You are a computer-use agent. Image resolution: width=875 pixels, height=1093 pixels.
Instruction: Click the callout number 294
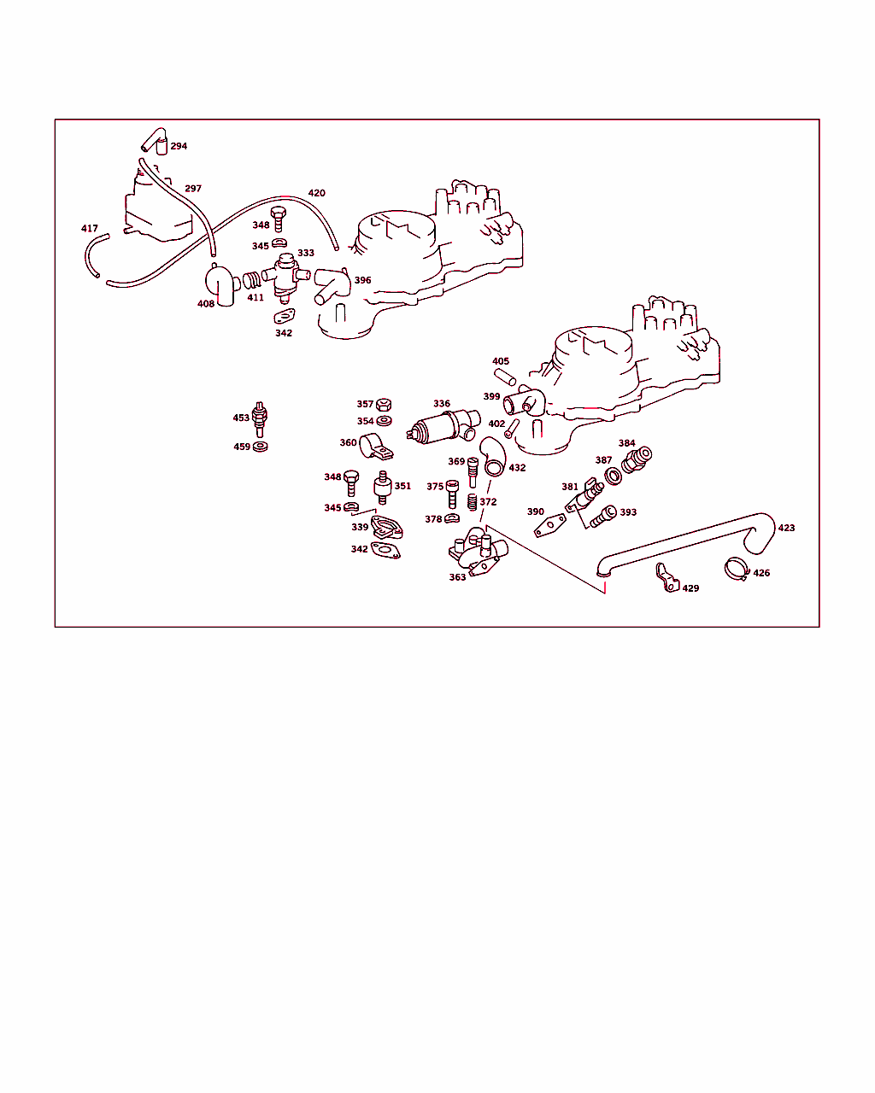[179, 146]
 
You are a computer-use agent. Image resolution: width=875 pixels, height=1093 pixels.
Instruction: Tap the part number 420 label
[316, 193]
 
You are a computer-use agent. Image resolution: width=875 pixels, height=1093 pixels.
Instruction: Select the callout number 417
[90, 229]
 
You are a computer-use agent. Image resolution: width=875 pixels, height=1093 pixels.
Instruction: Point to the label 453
[241, 418]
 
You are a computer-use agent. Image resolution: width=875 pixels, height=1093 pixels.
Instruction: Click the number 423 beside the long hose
[786, 528]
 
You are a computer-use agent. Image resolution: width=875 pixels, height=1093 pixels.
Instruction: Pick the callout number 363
[457, 577]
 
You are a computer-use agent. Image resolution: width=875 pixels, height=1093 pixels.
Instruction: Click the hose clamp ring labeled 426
[737, 569]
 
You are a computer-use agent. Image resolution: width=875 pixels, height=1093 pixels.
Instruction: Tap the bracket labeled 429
[667, 578]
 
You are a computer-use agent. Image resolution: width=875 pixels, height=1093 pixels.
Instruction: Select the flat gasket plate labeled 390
[549, 525]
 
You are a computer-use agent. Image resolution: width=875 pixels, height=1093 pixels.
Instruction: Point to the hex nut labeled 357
[384, 405]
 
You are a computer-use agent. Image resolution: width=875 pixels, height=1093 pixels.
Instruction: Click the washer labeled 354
[384, 421]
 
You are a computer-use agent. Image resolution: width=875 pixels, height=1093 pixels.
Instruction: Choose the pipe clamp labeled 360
[376, 447]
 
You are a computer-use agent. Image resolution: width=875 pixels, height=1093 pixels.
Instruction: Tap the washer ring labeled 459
[260, 447]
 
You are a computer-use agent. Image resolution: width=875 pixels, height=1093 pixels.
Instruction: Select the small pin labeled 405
[505, 377]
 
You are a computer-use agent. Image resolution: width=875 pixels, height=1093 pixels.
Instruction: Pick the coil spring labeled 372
[472, 502]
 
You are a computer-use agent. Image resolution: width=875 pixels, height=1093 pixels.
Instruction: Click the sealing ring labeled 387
[614, 476]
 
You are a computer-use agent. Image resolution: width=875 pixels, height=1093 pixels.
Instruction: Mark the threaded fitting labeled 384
[637, 459]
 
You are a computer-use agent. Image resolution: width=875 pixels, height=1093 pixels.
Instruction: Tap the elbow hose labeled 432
[493, 457]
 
